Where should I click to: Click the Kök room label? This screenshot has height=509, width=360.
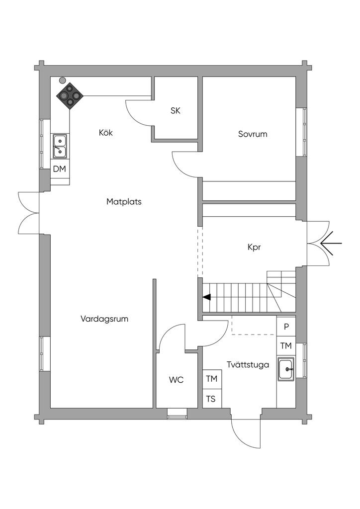pos(106,133)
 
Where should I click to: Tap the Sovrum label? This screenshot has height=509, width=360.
pos(253,134)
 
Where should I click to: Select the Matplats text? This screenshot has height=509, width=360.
pos(124,202)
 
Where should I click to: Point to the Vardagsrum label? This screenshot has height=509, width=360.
pos(104,319)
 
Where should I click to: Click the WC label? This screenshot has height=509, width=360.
pos(177,380)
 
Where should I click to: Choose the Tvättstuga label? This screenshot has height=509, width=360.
pos(248,365)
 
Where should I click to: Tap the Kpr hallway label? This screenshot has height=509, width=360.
pos(254,247)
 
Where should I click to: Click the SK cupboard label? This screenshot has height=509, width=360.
pos(175,111)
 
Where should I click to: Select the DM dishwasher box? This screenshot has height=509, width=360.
pos(60,169)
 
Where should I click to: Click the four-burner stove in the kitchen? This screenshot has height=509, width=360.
pos(70,95)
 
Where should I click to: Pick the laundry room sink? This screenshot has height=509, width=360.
pos(286,370)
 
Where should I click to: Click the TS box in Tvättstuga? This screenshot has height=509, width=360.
pos(212,399)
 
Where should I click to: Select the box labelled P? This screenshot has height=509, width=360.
pos(286,327)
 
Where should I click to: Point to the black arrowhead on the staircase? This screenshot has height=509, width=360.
pos(206,297)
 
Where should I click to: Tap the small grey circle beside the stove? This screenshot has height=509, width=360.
pos(62,80)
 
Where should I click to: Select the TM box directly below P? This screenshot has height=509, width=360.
pos(286,346)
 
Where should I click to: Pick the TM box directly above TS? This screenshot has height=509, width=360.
pos(212,379)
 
